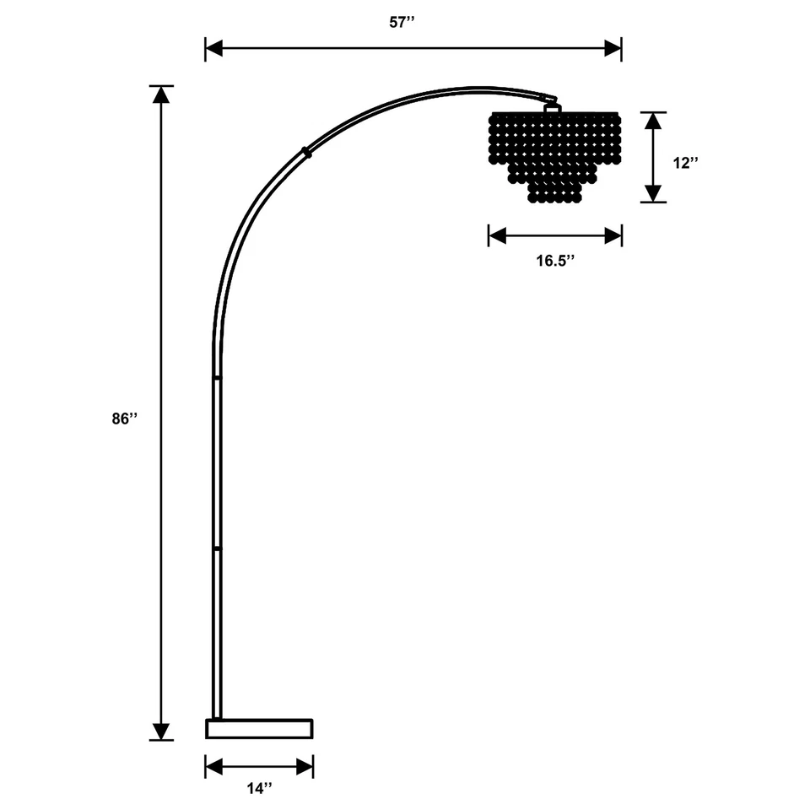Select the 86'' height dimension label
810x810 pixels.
coord(123,418)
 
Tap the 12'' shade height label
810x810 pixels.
coord(688,163)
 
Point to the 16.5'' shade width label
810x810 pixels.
coord(555,260)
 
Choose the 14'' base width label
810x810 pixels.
coord(259,789)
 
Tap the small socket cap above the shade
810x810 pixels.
coord(553,106)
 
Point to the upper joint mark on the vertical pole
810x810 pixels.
coord(217,377)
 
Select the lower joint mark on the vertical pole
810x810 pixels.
coord(217,548)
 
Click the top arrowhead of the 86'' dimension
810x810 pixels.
coord(160,94)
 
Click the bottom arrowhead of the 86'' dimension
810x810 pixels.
coord(160,732)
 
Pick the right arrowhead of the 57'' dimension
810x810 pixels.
coord(613,48)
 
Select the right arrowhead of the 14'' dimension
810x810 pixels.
coord(305,766)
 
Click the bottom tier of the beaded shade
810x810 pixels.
coord(556,193)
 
